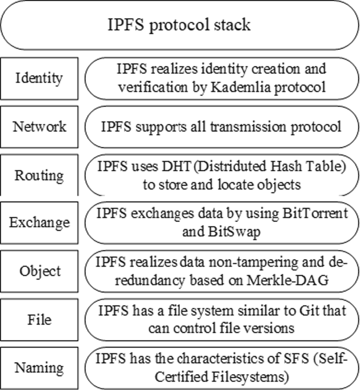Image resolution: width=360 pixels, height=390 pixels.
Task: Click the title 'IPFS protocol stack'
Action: [179, 25]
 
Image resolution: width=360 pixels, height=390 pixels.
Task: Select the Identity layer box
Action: [39, 78]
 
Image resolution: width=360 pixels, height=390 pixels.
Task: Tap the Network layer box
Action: [39, 127]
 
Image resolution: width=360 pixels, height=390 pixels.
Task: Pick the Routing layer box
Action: [39, 175]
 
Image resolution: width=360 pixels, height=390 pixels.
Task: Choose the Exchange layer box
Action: [39, 223]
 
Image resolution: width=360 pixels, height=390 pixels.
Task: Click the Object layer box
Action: [39, 271]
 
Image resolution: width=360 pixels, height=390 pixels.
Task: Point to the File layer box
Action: [39, 319]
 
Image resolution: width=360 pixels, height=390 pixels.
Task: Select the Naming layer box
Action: [39, 368]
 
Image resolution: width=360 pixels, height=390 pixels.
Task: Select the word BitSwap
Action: [234, 232]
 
